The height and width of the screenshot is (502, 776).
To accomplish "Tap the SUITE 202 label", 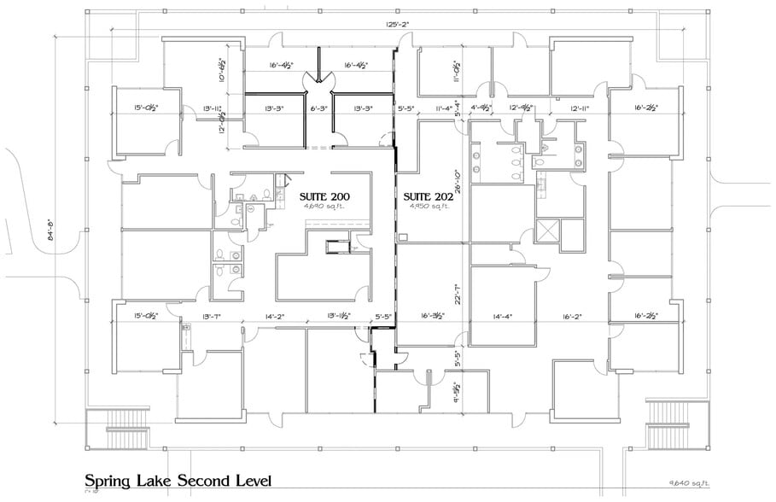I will (x=427, y=196).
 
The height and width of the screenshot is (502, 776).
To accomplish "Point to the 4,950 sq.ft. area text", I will (x=427, y=206).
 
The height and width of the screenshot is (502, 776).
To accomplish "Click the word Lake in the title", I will (x=162, y=481).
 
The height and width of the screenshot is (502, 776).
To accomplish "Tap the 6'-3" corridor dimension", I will (x=318, y=108).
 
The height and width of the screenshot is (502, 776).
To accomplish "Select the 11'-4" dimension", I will (x=442, y=108).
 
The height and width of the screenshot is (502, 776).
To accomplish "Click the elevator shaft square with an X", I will (x=546, y=231).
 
